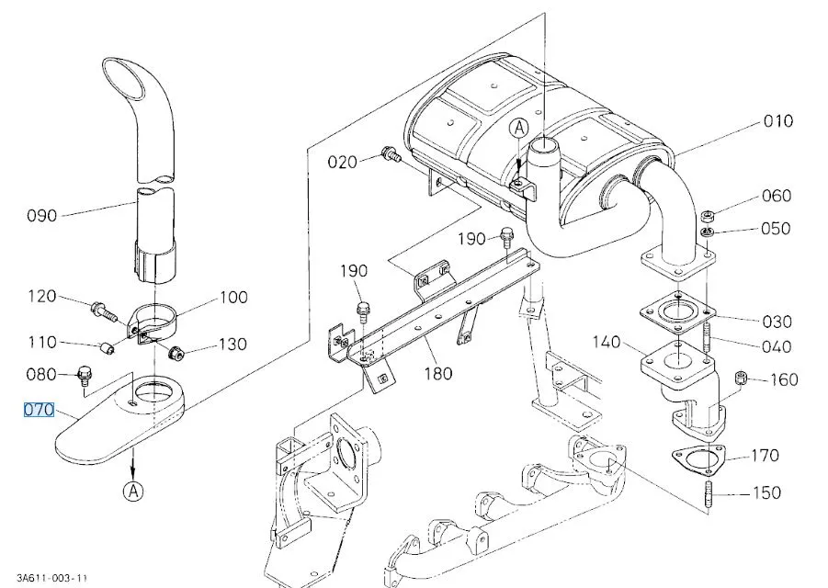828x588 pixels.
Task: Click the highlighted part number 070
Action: click(39, 410)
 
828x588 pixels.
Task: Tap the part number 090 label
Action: click(41, 215)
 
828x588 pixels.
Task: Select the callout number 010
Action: click(777, 121)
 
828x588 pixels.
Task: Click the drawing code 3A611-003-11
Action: click(51, 579)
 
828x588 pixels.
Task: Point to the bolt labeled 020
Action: click(391, 155)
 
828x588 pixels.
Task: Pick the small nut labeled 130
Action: click(175, 352)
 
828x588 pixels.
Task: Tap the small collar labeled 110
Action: click(108, 348)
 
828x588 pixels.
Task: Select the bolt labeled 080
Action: click(84, 376)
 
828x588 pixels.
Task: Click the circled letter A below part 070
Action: click(133, 491)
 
